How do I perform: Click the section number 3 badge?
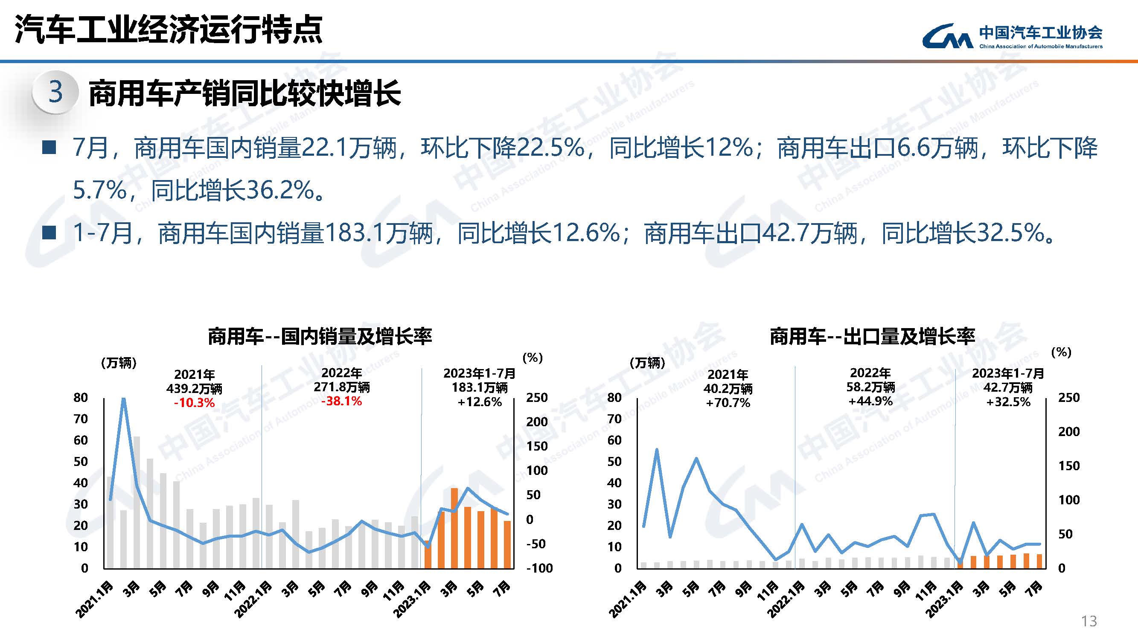pos(55,92)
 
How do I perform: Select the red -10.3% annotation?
pos(194,403)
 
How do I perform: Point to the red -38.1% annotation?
pos(341,401)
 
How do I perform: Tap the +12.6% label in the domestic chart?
pos(479,402)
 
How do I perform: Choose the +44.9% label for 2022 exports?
pos(870,401)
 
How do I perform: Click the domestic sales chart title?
pos(320,337)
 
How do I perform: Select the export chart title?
pos(872,337)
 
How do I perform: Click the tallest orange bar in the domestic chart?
pos(454,527)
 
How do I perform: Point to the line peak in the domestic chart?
pos(124,399)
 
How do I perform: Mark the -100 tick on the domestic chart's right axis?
pos(539,568)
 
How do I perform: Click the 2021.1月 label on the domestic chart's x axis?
pos(95,599)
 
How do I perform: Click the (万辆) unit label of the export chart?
pos(647,363)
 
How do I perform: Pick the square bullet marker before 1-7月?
pos(49,233)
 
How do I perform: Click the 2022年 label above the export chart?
pos(870,373)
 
